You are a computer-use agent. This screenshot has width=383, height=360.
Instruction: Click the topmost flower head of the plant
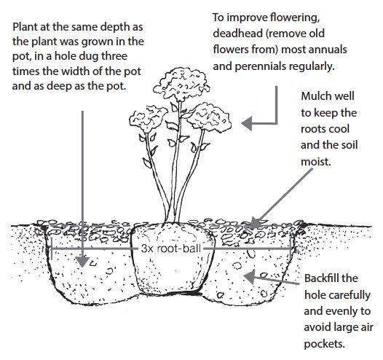point(181,85)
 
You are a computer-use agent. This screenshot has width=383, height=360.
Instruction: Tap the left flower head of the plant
point(149,119)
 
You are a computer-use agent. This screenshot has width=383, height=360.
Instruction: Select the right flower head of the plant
point(210,118)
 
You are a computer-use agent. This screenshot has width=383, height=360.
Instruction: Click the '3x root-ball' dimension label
point(171,249)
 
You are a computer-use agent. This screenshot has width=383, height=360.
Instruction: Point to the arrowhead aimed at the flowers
point(247,123)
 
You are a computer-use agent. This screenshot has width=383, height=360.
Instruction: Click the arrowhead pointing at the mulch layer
point(254,223)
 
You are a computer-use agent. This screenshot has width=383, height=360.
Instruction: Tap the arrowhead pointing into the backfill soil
point(250,277)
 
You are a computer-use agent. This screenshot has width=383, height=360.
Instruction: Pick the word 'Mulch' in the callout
point(315,95)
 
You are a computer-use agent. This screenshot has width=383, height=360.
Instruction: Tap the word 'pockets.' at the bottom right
point(324,344)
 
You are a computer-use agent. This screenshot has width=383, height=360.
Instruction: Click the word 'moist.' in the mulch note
point(316,161)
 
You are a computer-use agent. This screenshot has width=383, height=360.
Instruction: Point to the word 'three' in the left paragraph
point(114,56)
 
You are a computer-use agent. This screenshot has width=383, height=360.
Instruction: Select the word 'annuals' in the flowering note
point(328,50)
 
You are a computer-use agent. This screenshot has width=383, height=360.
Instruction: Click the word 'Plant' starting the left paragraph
point(25,27)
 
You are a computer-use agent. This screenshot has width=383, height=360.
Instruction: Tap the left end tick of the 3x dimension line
point(51,249)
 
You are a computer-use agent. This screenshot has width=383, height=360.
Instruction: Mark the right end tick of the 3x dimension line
point(291,249)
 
